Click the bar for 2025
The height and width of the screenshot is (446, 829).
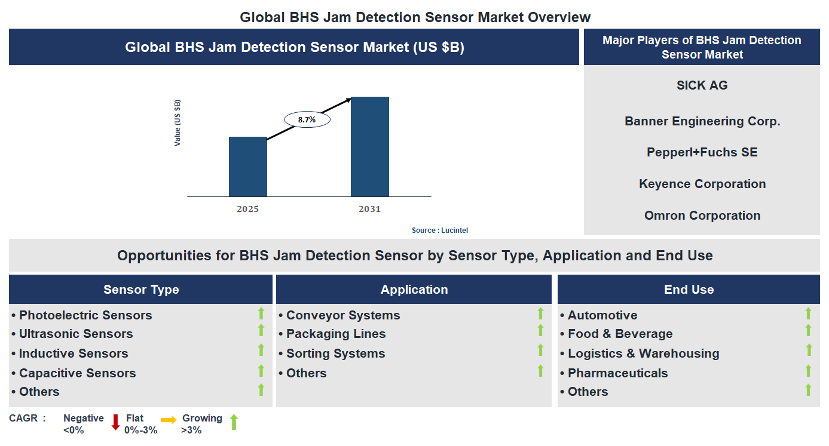click(x=247, y=167)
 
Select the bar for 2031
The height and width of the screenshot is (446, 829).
click(x=369, y=147)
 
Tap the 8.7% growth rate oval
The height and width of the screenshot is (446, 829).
click(x=307, y=119)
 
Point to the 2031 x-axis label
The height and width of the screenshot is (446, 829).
click(x=369, y=209)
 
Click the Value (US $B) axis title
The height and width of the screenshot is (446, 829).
click(x=178, y=123)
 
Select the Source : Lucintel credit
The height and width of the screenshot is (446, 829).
click(x=444, y=230)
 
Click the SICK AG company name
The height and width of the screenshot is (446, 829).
click(x=702, y=85)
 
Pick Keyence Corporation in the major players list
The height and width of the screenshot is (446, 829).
click(x=702, y=184)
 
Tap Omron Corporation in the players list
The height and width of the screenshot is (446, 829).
click(x=702, y=216)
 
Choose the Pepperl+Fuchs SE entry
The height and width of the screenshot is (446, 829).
click(x=702, y=152)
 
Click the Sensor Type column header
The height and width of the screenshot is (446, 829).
click(x=141, y=290)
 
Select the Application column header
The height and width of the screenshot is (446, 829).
click(x=414, y=290)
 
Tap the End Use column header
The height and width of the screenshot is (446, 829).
click(x=689, y=290)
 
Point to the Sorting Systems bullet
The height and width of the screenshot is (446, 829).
click(x=335, y=353)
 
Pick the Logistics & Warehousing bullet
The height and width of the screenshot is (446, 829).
click(x=643, y=353)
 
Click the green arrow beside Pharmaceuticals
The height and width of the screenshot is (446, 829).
click(x=808, y=371)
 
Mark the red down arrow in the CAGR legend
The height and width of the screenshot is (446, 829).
click(x=116, y=423)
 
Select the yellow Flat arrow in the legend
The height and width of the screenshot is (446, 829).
click(x=169, y=420)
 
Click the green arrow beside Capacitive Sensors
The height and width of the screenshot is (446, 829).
click(x=261, y=371)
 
